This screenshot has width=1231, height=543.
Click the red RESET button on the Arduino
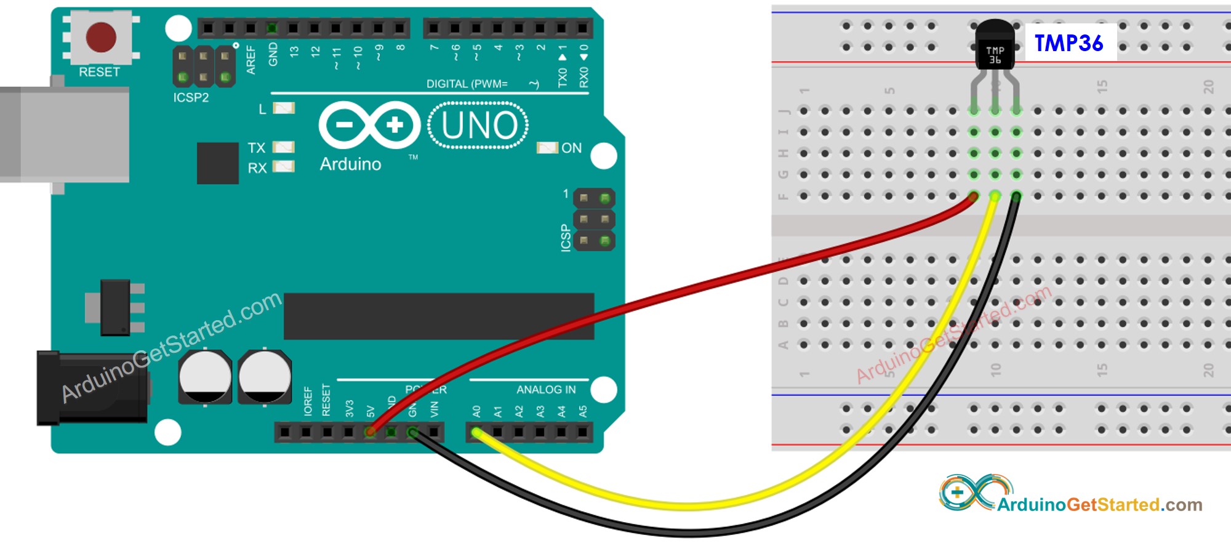coord(101,37)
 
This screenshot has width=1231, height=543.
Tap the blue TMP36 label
coord(1069,43)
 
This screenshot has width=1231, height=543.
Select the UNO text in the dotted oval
coord(479,126)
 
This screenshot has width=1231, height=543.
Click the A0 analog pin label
coord(476,411)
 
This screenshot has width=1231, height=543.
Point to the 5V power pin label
coord(371,411)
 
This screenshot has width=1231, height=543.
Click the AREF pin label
coord(251,60)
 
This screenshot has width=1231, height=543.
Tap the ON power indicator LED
coord(547,148)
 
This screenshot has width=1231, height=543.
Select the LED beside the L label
coord(284,108)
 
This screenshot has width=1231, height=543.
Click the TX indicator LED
coord(284,147)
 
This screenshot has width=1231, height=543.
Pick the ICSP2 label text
coord(191,97)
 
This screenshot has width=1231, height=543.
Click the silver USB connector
coord(65,134)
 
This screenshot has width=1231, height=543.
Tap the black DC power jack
coord(92,388)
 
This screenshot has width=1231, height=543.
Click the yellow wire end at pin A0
coord(476,433)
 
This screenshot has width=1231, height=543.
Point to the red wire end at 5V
coord(371,432)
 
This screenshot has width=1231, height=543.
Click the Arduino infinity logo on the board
coord(369,125)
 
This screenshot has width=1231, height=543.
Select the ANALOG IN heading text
coord(546,390)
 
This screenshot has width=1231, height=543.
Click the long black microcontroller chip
coord(438,316)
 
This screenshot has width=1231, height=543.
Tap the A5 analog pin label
coord(583,411)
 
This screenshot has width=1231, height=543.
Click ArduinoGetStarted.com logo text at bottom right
coord(1099,505)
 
